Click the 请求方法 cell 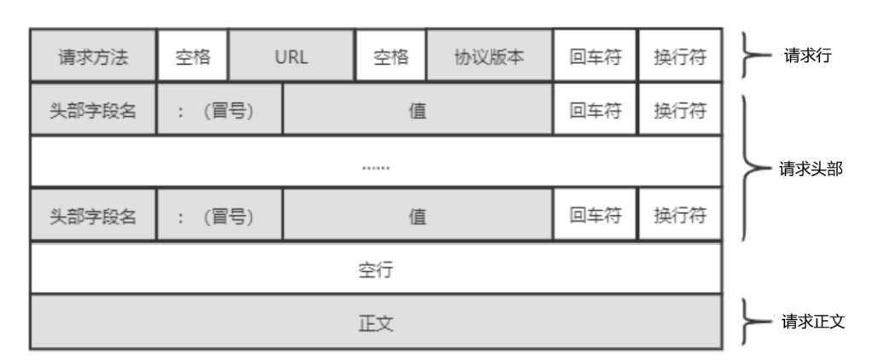[93, 57]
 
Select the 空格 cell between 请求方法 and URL [193, 57]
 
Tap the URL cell [292, 57]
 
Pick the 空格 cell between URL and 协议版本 [391, 57]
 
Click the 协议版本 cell [489, 57]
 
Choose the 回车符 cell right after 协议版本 [595, 57]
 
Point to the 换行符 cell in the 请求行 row [679, 57]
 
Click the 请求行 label [807, 56]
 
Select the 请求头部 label [810, 168]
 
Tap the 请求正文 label [813, 322]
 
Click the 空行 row [375, 270]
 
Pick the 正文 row [375, 322]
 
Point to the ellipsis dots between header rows [375, 167]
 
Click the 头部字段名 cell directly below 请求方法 [93, 110]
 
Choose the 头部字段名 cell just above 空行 [93, 216]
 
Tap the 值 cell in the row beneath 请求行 [417, 110]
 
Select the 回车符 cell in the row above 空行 [595, 216]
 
